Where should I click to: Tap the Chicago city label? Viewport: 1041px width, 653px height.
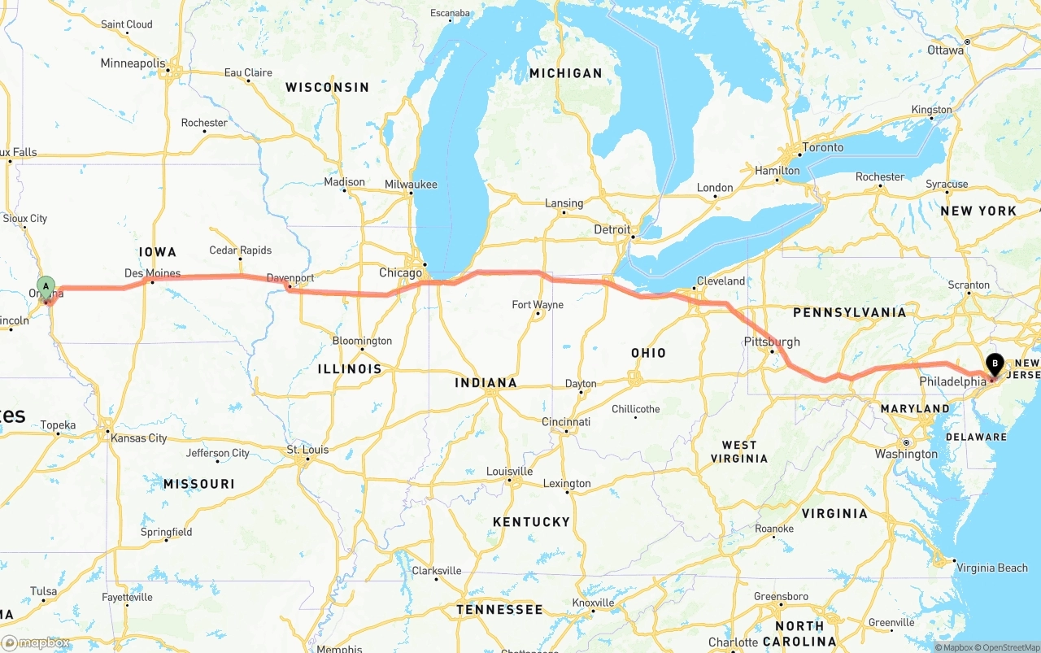(400, 273)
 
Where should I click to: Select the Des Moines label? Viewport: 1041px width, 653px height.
(152, 273)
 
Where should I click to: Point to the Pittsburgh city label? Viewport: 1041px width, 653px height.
(772, 342)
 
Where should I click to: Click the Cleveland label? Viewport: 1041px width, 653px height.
(721, 281)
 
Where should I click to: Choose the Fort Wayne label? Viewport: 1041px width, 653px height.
(538, 305)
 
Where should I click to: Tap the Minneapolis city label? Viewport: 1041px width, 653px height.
(133, 63)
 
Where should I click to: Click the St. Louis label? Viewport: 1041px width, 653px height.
(307, 450)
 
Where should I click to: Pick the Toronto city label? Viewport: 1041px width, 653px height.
(823, 147)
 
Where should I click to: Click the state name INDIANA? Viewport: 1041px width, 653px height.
(486, 383)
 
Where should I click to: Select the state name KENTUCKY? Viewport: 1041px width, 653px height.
(531, 521)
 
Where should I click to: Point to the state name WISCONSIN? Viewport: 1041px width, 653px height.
(327, 87)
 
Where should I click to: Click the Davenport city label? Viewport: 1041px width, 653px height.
(290, 278)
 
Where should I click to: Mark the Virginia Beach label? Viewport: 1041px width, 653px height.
(991, 568)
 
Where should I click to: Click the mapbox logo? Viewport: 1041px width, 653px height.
(36, 642)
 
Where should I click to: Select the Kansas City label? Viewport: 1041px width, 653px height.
(139, 438)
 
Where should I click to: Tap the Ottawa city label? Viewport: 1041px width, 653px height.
(945, 50)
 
